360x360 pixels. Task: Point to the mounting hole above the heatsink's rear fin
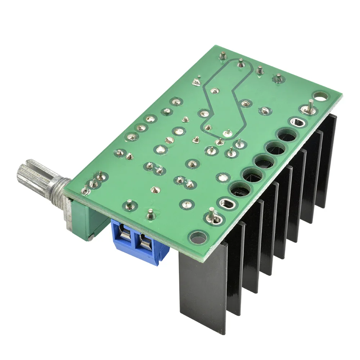point(321,96)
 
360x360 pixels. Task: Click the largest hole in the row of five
point(287,136)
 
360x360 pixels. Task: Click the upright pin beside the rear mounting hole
point(309,107)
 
